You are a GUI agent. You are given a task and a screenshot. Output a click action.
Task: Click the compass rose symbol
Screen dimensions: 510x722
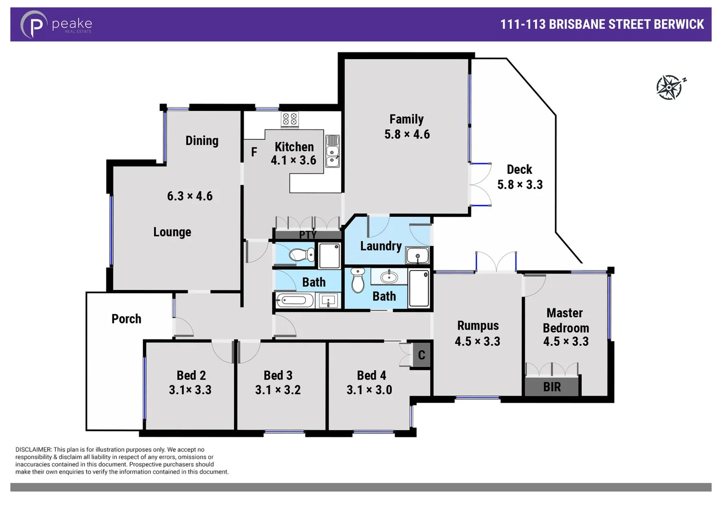click(670, 87)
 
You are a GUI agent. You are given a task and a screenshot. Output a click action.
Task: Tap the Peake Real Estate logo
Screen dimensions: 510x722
click(56, 25)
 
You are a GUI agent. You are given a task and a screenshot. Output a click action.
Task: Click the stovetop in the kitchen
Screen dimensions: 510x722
click(289, 119)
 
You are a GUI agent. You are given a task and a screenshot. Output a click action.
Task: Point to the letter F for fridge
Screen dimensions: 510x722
click(254, 152)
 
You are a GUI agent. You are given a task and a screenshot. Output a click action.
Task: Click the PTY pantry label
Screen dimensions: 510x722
click(307, 235)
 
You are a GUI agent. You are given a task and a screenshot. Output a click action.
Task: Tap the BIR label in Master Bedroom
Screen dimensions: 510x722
click(552, 387)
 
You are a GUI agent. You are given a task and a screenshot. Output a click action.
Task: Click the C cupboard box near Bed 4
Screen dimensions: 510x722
click(421, 355)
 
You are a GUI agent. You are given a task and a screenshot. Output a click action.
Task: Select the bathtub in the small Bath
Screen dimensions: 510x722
click(295, 301)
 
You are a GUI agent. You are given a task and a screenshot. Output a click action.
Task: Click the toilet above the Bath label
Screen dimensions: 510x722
click(302, 255)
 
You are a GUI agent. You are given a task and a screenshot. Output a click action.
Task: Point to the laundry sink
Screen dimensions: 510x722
click(417, 256)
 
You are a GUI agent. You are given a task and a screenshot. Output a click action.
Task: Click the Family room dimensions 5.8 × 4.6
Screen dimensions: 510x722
click(407, 135)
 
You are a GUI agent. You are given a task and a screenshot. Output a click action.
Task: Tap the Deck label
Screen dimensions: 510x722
click(519, 170)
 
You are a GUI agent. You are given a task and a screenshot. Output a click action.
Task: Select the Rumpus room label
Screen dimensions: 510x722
click(478, 326)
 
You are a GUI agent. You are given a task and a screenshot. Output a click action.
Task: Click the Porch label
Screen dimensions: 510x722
click(126, 319)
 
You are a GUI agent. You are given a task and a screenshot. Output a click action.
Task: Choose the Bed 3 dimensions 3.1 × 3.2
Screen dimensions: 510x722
click(278, 390)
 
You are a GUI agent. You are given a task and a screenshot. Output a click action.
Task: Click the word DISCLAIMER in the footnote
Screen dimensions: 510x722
click(33, 450)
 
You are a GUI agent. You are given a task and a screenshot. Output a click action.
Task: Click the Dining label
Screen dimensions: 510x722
click(202, 141)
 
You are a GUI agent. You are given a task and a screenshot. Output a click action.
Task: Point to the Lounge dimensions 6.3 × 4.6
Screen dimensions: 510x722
click(190, 196)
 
